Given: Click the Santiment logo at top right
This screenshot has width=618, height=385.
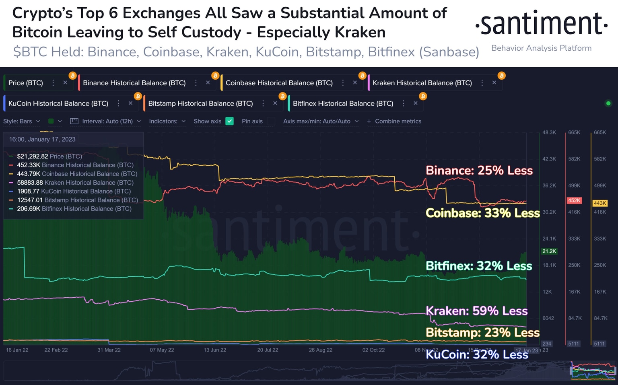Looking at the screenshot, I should (541, 24).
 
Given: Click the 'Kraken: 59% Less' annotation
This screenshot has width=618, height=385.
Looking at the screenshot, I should (476, 311).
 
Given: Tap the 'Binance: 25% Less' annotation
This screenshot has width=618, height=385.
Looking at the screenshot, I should (479, 171).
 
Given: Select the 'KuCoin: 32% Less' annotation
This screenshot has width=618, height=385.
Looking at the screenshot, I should (476, 354).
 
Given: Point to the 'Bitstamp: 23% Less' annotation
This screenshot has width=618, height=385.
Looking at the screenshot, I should (482, 333).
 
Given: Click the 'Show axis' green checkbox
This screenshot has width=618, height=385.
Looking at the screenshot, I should (229, 121).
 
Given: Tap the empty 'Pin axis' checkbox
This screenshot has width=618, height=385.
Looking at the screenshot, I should (271, 121).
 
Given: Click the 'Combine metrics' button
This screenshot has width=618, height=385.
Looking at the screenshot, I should (394, 121).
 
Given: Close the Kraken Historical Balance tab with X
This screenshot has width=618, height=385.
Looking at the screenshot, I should (494, 82).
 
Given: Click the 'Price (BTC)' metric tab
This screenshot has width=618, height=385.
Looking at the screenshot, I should (26, 83).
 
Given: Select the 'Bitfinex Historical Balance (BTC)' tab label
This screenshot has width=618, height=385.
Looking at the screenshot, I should (343, 103).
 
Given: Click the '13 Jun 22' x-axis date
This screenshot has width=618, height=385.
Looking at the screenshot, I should (214, 350).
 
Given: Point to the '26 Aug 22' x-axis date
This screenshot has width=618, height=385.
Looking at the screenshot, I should (320, 350).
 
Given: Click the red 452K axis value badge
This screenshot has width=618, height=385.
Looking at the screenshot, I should (574, 200).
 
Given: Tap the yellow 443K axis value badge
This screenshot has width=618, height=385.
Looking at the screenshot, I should (599, 203).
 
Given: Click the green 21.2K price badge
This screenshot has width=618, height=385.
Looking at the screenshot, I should (549, 251).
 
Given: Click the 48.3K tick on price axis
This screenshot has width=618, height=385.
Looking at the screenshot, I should (549, 132).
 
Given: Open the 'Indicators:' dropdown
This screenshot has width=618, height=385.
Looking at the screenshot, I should (167, 121).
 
